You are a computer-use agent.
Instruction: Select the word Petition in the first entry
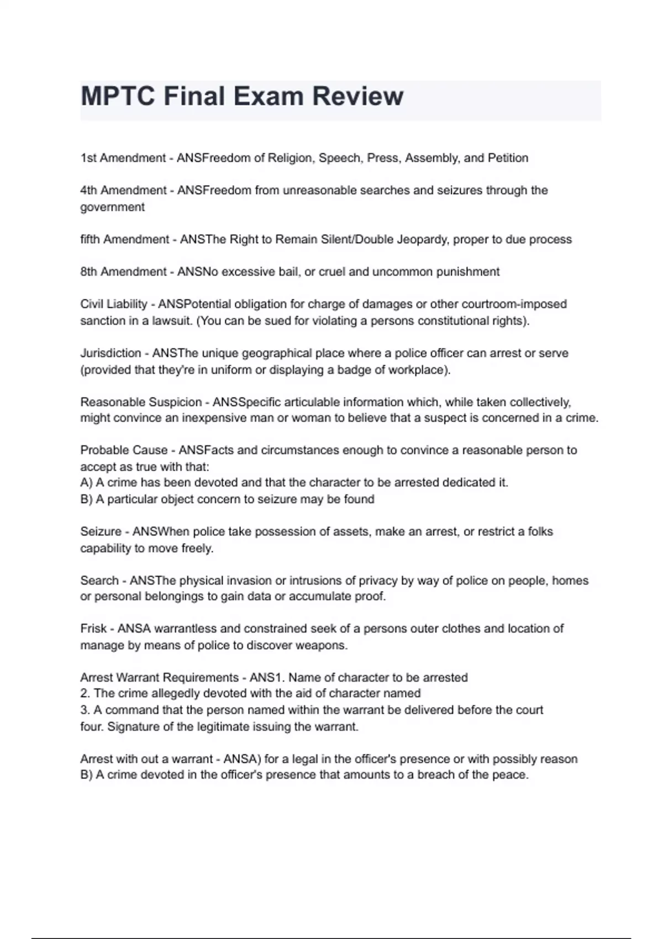(x=508, y=158)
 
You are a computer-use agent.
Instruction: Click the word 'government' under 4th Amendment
(x=112, y=207)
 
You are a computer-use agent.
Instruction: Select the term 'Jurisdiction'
(x=110, y=353)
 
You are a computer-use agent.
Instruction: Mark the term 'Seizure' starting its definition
(x=101, y=532)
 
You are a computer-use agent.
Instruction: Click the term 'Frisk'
(x=93, y=629)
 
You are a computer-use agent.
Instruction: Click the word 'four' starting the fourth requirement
(x=91, y=727)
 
